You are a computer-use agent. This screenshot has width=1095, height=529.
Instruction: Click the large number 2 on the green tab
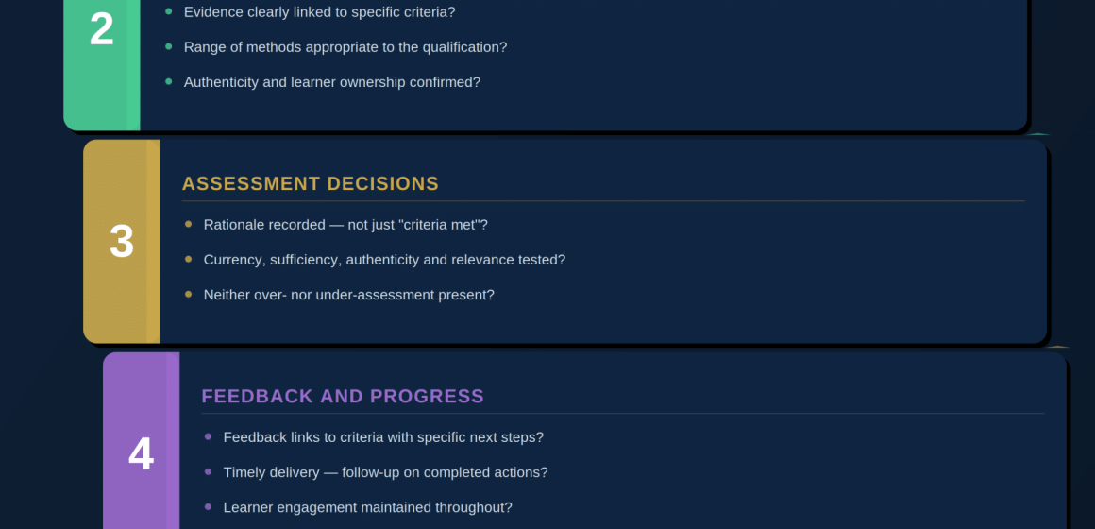[x=101, y=29]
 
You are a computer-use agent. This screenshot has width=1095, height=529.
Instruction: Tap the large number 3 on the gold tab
[x=122, y=242]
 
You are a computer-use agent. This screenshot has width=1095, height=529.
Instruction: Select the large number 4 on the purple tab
[x=141, y=454]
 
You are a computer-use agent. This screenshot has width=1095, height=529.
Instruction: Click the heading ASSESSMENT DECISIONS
[x=310, y=184]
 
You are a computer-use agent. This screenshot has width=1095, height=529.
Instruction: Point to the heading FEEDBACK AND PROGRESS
[x=343, y=396]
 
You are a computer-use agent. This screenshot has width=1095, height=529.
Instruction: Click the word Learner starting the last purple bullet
[x=248, y=507]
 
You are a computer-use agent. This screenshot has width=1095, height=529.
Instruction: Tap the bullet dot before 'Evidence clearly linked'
[x=168, y=11]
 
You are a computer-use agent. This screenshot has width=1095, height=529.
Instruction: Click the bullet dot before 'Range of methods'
[x=168, y=46]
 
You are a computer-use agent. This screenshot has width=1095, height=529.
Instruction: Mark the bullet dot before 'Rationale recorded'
[x=188, y=224]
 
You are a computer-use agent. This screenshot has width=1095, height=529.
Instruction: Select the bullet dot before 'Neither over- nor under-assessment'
[x=188, y=294]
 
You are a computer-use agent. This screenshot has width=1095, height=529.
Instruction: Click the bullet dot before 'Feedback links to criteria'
[x=208, y=436]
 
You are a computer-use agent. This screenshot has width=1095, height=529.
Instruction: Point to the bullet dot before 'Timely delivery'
[x=208, y=471]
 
